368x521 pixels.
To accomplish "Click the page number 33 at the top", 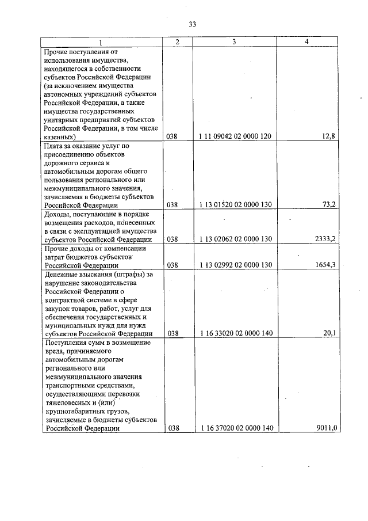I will (192, 24).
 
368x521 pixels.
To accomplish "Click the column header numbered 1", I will (102, 43).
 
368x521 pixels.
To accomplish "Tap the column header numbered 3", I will (235, 43).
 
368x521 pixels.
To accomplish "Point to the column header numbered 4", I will (307, 43).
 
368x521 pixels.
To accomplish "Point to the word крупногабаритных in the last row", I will (76, 411).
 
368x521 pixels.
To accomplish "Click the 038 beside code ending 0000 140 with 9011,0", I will (172, 428).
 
